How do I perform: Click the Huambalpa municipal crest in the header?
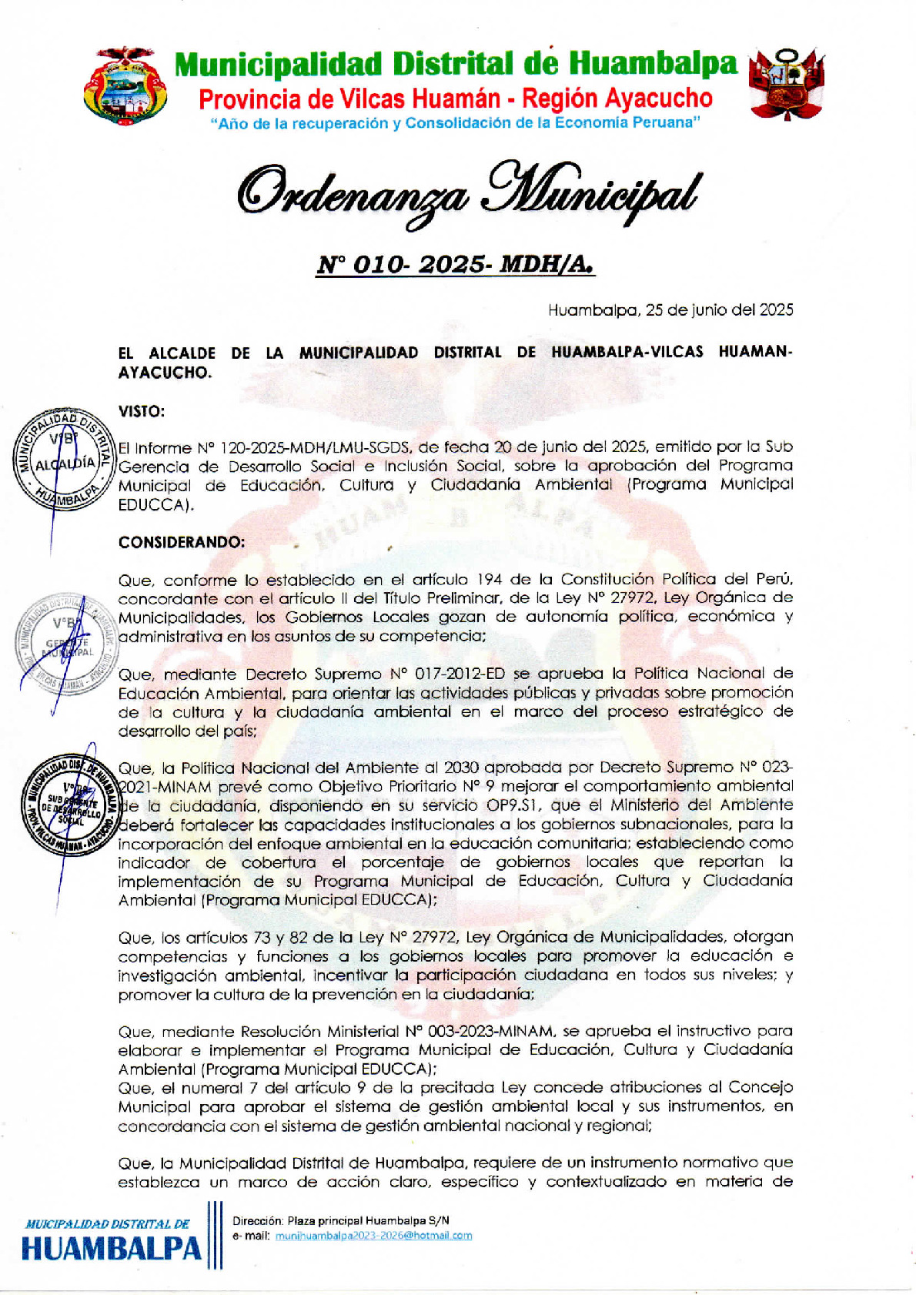coord(125,85)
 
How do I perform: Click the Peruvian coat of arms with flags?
coord(786,82)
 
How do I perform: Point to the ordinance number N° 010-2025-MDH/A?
coord(456,265)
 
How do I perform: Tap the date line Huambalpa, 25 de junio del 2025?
coord(670,310)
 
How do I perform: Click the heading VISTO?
coord(142,412)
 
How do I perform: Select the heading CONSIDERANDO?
coord(182,542)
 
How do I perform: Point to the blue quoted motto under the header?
coord(456,123)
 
